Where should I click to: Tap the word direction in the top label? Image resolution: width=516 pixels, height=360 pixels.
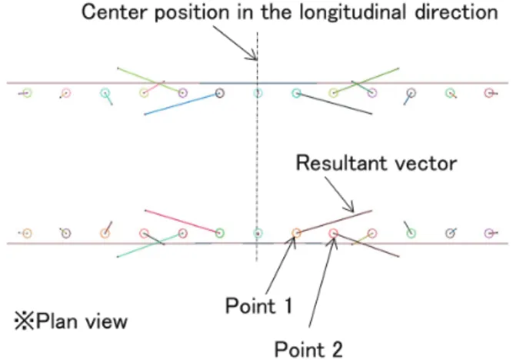456,12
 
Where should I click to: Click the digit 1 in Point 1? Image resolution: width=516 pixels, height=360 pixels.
288,305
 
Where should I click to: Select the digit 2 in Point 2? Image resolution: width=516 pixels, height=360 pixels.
336,349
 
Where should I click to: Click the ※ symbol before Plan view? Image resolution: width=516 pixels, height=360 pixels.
24,321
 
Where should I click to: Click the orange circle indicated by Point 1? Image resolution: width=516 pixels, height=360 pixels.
296,233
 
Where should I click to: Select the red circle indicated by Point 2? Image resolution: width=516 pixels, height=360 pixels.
333,233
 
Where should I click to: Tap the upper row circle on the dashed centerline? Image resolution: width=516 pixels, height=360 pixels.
258,93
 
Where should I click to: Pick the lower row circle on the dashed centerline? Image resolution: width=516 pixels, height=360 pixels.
258,233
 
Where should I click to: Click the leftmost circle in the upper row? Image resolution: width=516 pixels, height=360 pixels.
28,93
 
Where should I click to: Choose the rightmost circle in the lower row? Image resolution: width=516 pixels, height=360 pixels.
489,233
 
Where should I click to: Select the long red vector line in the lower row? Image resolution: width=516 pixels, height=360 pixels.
182,221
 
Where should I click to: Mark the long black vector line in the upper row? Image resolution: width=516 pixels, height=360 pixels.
335,104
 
